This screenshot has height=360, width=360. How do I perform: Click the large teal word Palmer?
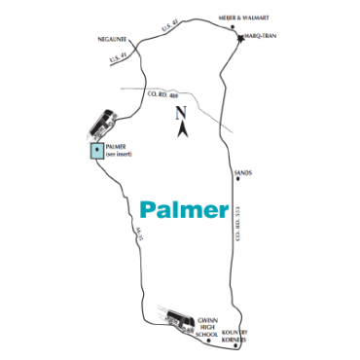pos(183,208)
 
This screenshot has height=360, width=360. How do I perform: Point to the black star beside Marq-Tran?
pos(239,38)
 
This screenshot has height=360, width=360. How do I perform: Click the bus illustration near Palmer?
pos(100,124)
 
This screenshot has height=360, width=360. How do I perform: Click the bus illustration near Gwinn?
pos(176,319)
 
